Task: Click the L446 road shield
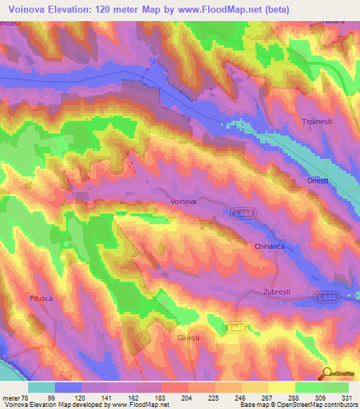236,327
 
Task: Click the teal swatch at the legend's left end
41,387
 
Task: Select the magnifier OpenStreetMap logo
328,372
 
